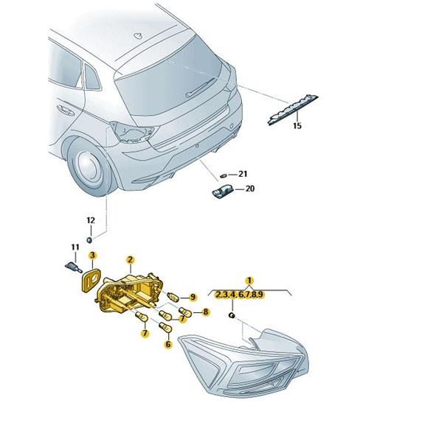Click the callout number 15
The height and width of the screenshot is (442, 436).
(x=297, y=125)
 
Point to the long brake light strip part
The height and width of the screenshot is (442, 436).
(x=293, y=110)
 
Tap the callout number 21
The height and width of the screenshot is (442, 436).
(x=243, y=174)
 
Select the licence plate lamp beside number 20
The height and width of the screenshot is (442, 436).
(x=223, y=192)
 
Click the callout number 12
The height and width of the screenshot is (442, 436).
(x=91, y=220)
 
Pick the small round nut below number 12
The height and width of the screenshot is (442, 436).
(x=89, y=240)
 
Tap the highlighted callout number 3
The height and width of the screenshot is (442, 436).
(x=93, y=256)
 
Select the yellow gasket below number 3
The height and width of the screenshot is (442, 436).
(x=90, y=279)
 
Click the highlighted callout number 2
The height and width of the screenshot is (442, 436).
(x=130, y=259)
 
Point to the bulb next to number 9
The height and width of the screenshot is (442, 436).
(x=173, y=297)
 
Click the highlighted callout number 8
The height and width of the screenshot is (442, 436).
(x=205, y=312)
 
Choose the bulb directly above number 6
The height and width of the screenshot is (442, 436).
(x=165, y=328)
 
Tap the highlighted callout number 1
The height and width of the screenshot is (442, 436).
(x=249, y=281)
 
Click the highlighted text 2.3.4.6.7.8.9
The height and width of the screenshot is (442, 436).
(x=239, y=295)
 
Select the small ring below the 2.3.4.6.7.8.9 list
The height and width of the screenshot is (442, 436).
(x=232, y=315)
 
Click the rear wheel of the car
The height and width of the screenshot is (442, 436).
(x=90, y=166)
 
